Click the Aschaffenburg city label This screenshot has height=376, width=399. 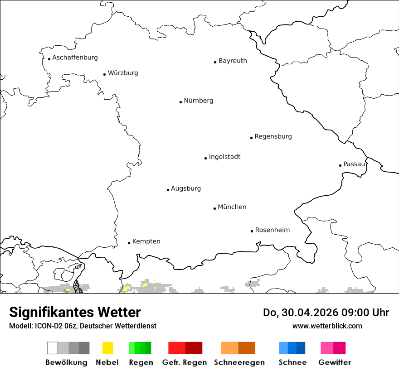pos(75,58)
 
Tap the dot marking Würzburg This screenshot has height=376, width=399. pos(104,74)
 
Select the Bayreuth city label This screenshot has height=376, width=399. pos(233,61)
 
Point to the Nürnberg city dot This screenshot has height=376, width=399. pos(180,102)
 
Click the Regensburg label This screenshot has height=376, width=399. pos(273,136)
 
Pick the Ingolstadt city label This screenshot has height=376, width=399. pos(224,157)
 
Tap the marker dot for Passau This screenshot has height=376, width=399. pos(340,165)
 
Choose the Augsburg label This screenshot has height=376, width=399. pos(186,188)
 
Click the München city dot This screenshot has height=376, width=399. pos(214,208)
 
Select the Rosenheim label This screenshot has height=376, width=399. pos(272,230)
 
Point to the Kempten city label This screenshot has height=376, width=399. pos(146,241)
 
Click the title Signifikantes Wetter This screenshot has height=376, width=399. pos(75,312)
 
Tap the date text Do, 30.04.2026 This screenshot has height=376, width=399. pos(302,313)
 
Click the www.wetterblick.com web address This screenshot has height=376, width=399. pos(327,326)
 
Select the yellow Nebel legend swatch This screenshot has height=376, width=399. pos(108,348)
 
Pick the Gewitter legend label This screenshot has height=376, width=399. pos(335,362)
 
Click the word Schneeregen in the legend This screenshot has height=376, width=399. pos(239,362)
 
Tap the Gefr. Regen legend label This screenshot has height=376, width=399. pos(185,362)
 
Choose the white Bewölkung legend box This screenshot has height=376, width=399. pos(53,348)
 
